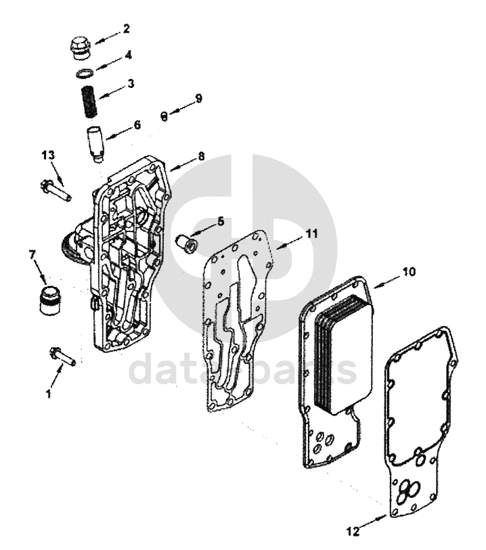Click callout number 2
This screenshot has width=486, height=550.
pos(125,29)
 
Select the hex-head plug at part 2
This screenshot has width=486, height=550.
pos(80,49)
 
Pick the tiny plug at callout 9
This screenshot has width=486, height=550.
pos(164,115)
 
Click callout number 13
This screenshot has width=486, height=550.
pos(47,156)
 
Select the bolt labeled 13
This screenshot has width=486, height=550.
pos(56,188)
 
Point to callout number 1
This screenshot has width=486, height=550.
pos(48,392)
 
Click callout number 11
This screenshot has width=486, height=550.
pos(310,233)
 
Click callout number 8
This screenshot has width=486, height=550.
pos(201,156)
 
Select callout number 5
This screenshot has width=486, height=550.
pos(220,221)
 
